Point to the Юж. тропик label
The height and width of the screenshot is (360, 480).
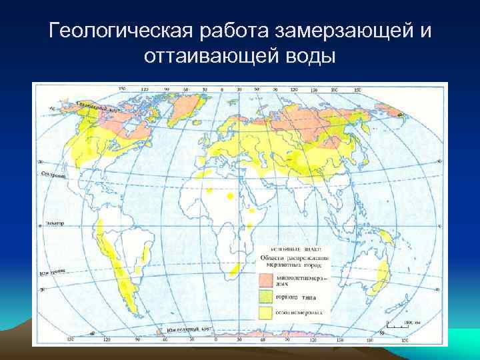[x=53, y=272]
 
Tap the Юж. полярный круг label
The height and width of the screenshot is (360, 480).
[x=180, y=329]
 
